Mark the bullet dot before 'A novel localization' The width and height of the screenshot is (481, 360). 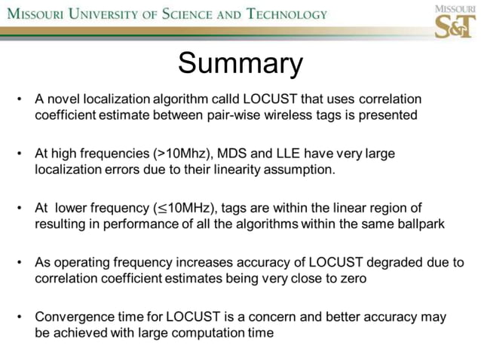tap(20, 99)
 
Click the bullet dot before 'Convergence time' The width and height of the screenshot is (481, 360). tap(20, 316)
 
